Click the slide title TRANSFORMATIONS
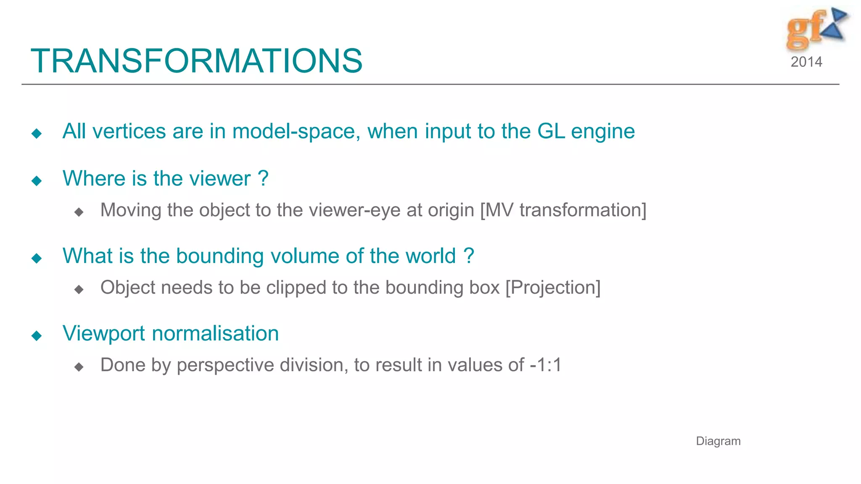196,61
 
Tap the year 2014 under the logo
806,62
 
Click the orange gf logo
805,29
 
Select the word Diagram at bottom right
718,441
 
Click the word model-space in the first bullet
296,132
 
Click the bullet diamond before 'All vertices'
37,134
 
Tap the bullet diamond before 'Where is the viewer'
37,181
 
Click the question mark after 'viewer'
263,179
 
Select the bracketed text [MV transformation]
563,210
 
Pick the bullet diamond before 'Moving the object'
79,212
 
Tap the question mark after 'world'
469,256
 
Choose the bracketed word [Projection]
553,288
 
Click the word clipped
296,288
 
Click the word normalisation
215,334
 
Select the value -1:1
546,365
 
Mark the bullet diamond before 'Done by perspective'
79,367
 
